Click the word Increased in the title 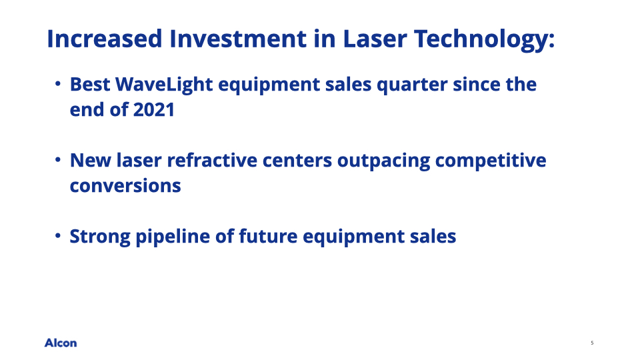coord(105,39)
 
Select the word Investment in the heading coord(238,39)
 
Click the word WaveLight coord(164,85)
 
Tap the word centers coord(297,161)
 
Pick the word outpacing coord(384,161)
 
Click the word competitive coord(491,161)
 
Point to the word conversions coord(125,186)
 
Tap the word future coord(268,236)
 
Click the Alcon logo coord(61,343)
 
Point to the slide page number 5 coord(592,343)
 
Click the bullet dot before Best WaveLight coord(58,84)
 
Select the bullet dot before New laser coord(58,160)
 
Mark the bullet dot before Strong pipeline coord(58,236)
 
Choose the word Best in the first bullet coord(90,85)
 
